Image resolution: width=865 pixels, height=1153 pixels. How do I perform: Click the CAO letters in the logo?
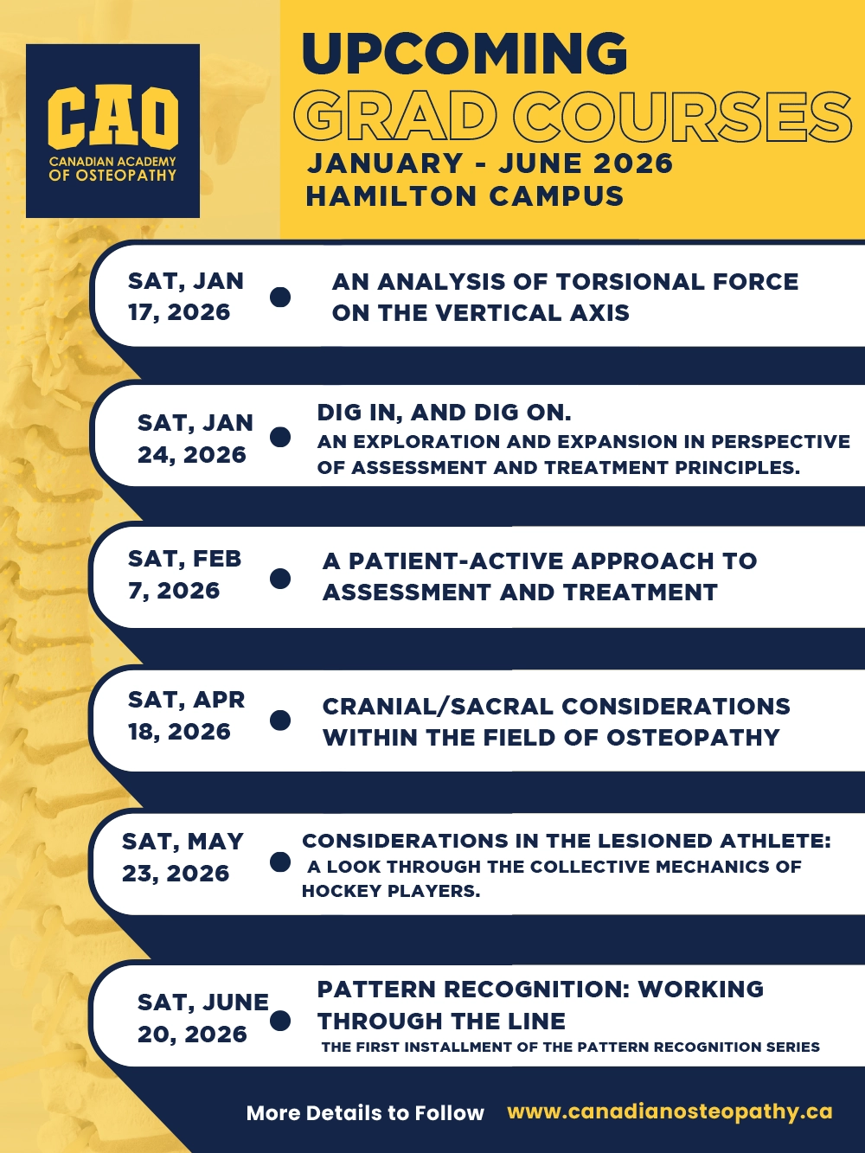[x=113, y=118]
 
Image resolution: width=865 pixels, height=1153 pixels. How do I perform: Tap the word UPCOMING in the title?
[x=465, y=54]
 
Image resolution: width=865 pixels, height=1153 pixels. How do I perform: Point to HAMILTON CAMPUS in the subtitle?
[x=465, y=196]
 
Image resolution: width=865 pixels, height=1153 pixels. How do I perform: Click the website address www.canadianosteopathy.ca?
[x=670, y=1111]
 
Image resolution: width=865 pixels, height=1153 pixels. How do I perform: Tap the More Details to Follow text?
[x=365, y=1112]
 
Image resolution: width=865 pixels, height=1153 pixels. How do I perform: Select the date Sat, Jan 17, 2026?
[x=186, y=297]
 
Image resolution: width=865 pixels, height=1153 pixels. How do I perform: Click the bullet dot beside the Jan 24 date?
[x=280, y=437]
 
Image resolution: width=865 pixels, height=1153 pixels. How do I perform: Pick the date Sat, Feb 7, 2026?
[x=184, y=574]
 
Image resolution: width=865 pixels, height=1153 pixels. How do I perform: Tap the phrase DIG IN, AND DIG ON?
[x=444, y=413]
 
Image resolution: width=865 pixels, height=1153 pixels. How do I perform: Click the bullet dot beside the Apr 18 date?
[x=280, y=720]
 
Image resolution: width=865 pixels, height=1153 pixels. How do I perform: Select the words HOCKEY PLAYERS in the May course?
[x=391, y=891]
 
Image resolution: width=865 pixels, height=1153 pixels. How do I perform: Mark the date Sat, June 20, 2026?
[x=202, y=1018]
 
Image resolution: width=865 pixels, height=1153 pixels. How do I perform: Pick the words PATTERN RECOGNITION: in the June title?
[x=473, y=990]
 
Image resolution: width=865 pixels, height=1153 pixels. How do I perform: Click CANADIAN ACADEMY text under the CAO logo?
[x=112, y=161]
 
